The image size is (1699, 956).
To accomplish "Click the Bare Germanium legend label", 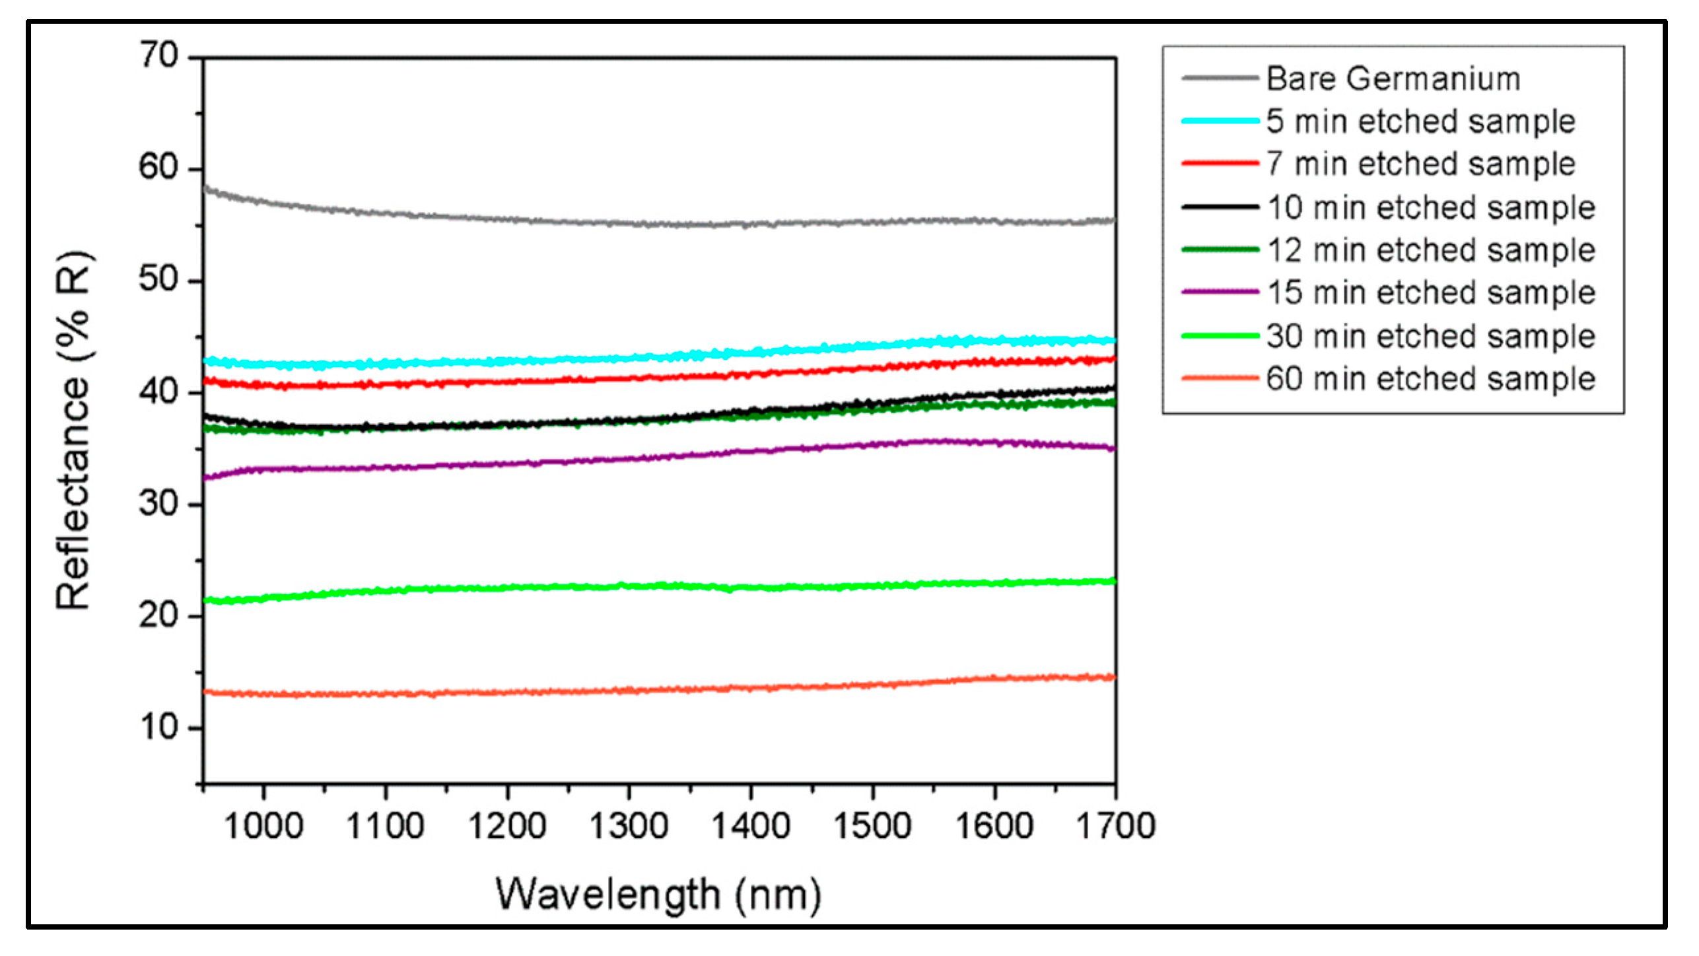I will pyautogui.click(x=1393, y=79).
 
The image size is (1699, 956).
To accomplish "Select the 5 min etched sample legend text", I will pyautogui.click(x=1420, y=121).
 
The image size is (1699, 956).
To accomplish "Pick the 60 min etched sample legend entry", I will pyautogui.click(x=1430, y=379).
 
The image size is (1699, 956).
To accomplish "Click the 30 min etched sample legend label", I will pyautogui.click(x=1430, y=336).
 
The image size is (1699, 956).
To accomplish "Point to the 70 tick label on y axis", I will pyautogui.click(x=159, y=55).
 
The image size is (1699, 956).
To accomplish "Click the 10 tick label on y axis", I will pyautogui.click(x=159, y=728).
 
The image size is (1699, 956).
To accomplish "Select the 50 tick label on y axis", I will pyautogui.click(x=159, y=280).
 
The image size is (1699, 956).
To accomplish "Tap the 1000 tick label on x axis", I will pyautogui.click(x=263, y=826).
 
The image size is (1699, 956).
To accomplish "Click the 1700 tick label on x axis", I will pyautogui.click(x=1115, y=826).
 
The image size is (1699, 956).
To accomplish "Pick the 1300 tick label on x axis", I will pyautogui.click(x=629, y=826).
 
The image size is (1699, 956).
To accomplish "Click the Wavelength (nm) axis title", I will pyautogui.click(x=658, y=895).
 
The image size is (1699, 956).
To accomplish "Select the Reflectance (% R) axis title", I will pyautogui.click(x=73, y=430).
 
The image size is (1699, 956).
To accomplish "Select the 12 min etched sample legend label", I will pyautogui.click(x=1430, y=250).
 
